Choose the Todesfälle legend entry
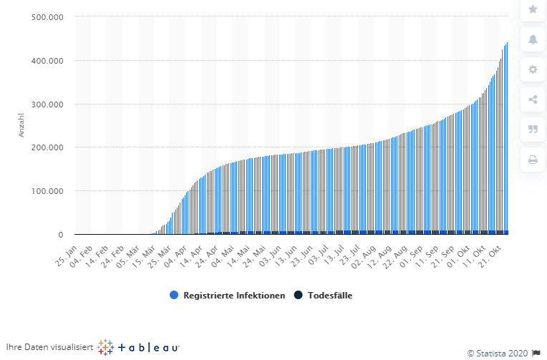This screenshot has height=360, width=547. [325, 295]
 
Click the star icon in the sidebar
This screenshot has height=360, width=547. [532, 9]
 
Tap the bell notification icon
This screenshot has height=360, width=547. [532, 39]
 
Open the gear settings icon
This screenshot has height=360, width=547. [532, 69]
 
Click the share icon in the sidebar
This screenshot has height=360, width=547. [532, 99]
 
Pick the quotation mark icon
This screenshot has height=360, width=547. [532, 130]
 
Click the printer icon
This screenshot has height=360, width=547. [532, 160]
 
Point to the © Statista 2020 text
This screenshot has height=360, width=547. [497, 352]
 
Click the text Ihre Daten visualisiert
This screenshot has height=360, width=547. [49, 347]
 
